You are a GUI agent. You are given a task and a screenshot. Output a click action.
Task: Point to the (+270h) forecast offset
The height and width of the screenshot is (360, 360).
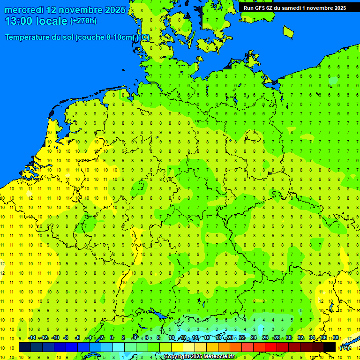point(83,21)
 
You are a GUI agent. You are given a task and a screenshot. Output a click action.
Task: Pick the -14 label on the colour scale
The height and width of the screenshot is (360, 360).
point(32,338)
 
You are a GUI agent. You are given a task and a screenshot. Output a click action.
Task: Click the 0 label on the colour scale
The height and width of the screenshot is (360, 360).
point(112,338)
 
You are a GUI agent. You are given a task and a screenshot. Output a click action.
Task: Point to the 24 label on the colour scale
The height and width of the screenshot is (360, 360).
point(254,338)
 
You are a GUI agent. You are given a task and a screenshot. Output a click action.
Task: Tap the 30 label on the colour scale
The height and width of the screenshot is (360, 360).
point(289,338)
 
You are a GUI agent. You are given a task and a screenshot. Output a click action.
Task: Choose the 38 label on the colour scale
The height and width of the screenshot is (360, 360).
point(336,338)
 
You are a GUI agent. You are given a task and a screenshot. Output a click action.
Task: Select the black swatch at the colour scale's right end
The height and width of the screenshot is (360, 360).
point(330,347)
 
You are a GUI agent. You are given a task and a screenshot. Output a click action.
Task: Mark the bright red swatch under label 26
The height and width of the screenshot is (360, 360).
point(271,347)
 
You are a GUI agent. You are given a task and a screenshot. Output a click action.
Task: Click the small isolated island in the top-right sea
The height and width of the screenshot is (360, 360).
point(288,31)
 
